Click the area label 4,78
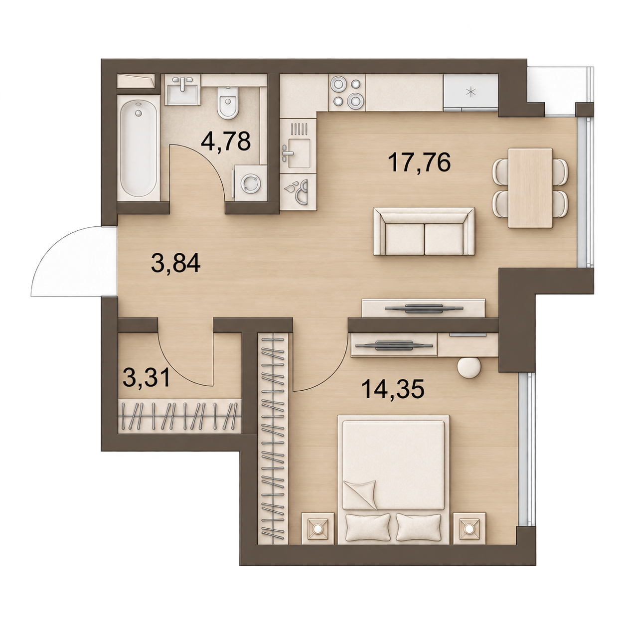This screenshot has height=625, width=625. [x=226, y=141]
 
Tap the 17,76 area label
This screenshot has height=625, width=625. [x=421, y=162]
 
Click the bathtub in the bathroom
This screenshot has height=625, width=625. [x=139, y=148]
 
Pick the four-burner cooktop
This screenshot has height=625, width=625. [x=347, y=92]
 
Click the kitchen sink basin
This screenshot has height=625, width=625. [x=298, y=154]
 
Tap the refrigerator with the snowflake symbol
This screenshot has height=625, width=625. [x=470, y=93]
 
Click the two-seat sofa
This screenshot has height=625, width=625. [x=424, y=231]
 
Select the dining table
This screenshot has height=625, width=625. [x=530, y=188]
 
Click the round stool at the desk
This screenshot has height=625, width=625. [x=469, y=367]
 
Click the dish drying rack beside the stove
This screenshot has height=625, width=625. [x=298, y=128]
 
